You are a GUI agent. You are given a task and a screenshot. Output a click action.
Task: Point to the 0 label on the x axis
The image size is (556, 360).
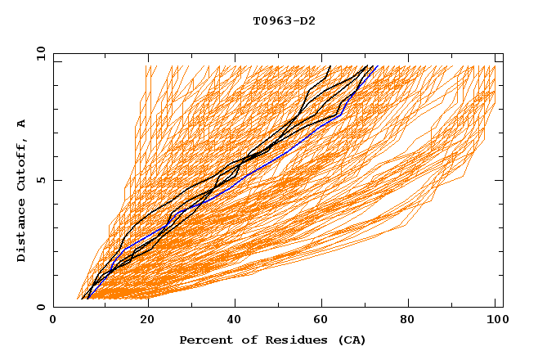[53, 320]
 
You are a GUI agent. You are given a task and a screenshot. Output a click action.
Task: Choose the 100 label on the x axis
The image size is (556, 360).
[495, 320]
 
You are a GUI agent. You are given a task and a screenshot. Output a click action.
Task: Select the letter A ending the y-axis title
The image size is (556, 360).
[22, 123]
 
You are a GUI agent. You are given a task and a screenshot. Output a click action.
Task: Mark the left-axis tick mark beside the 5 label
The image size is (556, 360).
[56, 180]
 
